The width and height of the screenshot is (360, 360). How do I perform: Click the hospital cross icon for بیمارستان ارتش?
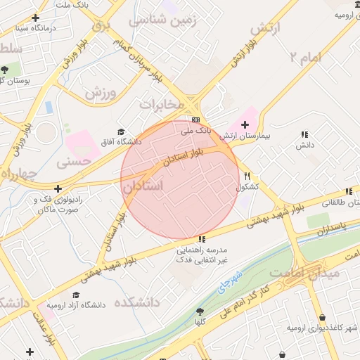click(245, 124)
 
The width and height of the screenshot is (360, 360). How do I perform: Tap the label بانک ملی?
click(195, 131)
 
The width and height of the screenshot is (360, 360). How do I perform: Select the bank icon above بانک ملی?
click(195, 120)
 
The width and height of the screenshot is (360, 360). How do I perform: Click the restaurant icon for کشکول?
click(247, 176)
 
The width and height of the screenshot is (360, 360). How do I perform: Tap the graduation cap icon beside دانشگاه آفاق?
click(120, 131)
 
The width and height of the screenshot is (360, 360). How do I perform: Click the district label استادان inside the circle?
click(142, 186)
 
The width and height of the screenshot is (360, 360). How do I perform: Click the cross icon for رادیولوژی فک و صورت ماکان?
click(58, 188)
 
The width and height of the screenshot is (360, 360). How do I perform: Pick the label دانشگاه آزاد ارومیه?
click(75, 306)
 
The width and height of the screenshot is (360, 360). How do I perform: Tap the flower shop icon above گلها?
click(200, 311)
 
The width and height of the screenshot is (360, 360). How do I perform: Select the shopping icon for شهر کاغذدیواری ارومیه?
click(322, 318)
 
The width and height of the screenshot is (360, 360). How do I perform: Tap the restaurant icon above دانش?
click(304, 134)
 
